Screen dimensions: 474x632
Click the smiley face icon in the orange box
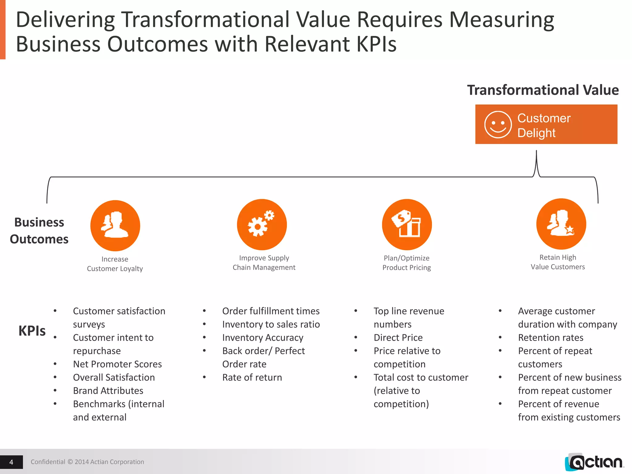[498, 125]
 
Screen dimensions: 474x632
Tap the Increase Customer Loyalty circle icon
[115, 226]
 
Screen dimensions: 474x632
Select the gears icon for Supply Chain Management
[262, 224]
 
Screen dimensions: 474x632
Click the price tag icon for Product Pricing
[407, 224]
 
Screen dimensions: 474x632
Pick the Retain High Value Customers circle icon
[561, 224]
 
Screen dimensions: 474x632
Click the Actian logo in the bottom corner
[594, 462]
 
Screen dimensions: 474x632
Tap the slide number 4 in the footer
[11, 462]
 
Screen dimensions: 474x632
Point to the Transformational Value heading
[543, 90]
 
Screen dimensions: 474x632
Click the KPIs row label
[32, 331]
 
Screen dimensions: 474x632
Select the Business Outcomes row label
[39, 231]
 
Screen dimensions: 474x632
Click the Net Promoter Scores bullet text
[117, 364]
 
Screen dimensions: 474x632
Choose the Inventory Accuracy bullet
[263, 338]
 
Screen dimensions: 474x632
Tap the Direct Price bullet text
[398, 338]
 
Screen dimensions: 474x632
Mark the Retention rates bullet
[551, 338]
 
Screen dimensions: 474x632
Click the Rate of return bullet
[252, 377]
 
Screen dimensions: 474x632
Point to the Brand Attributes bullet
[108, 391]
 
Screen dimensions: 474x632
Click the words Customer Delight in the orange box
[544, 125]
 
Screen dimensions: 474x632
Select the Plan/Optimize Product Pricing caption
[407, 263]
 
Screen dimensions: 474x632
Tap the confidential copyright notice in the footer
[87, 462]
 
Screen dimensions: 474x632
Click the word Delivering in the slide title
[65, 20]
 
